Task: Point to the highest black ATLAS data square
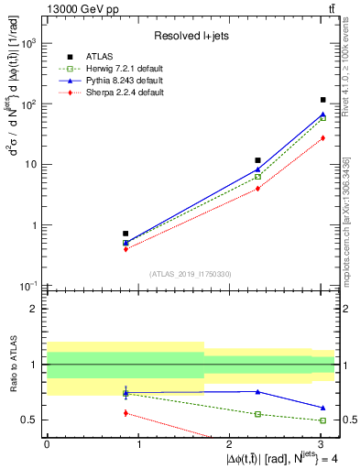323,100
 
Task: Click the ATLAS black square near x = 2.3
258,160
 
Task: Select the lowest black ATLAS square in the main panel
125,234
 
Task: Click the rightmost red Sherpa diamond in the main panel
323,137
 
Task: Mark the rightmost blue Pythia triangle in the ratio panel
323,408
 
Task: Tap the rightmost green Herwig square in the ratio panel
323,420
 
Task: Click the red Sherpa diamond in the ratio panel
125,413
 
